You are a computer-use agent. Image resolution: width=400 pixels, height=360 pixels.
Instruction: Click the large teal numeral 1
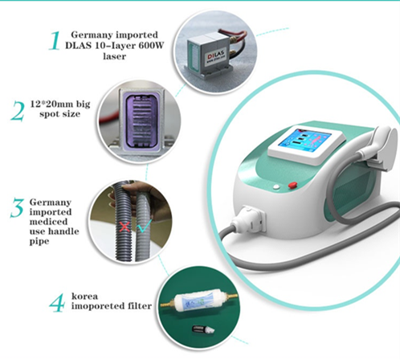point(55,41)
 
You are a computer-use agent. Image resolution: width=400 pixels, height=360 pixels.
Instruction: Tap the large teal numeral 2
point(18,111)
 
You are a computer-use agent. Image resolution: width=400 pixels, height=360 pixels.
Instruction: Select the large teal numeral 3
point(17,208)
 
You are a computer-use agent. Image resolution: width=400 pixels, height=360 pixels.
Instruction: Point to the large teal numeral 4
point(57,303)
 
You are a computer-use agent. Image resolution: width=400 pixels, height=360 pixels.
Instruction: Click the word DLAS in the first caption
point(79,46)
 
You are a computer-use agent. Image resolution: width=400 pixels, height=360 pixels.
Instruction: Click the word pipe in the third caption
point(39,241)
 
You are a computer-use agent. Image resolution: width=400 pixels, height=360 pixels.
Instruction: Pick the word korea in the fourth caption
point(84,297)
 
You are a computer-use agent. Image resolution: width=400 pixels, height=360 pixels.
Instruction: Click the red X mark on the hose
point(124,227)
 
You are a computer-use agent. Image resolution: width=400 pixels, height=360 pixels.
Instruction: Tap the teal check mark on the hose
point(145,226)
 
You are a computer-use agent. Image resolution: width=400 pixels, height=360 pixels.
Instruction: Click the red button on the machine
point(293,185)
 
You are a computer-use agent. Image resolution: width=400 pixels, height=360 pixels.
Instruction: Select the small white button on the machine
point(276,187)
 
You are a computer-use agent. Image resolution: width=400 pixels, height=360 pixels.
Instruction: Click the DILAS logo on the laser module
point(216,56)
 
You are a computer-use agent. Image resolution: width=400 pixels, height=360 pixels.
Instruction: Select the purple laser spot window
point(142,121)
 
